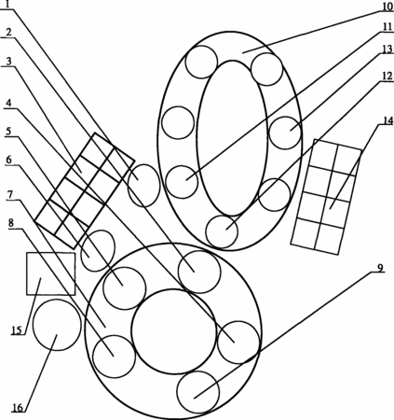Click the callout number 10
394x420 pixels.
pyautogui.click(x=387, y=7)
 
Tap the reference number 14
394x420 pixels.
pyautogui.click(x=387, y=120)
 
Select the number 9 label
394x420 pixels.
pyautogui.click(x=381, y=268)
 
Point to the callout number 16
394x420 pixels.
pyautogui.click(x=18, y=408)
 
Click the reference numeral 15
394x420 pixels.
pyautogui.click(x=18, y=330)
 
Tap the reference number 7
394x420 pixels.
pyautogui.click(x=10, y=195)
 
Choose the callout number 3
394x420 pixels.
pyautogui.click(x=8, y=62)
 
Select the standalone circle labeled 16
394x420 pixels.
pyautogui.click(x=57, y=325)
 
